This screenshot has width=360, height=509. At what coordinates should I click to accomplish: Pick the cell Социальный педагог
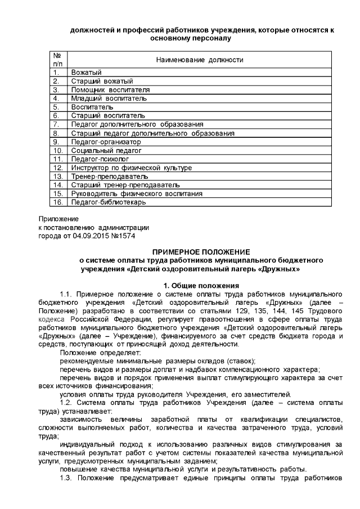(x=98, y=151)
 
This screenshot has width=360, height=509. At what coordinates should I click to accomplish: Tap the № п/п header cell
(x=57, y=60)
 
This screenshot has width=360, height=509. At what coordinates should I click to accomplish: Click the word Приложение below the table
(x=58, y=219)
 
